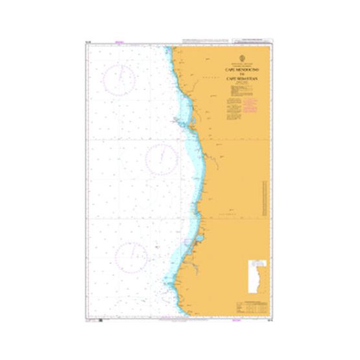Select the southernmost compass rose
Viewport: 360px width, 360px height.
tap(130, 256)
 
